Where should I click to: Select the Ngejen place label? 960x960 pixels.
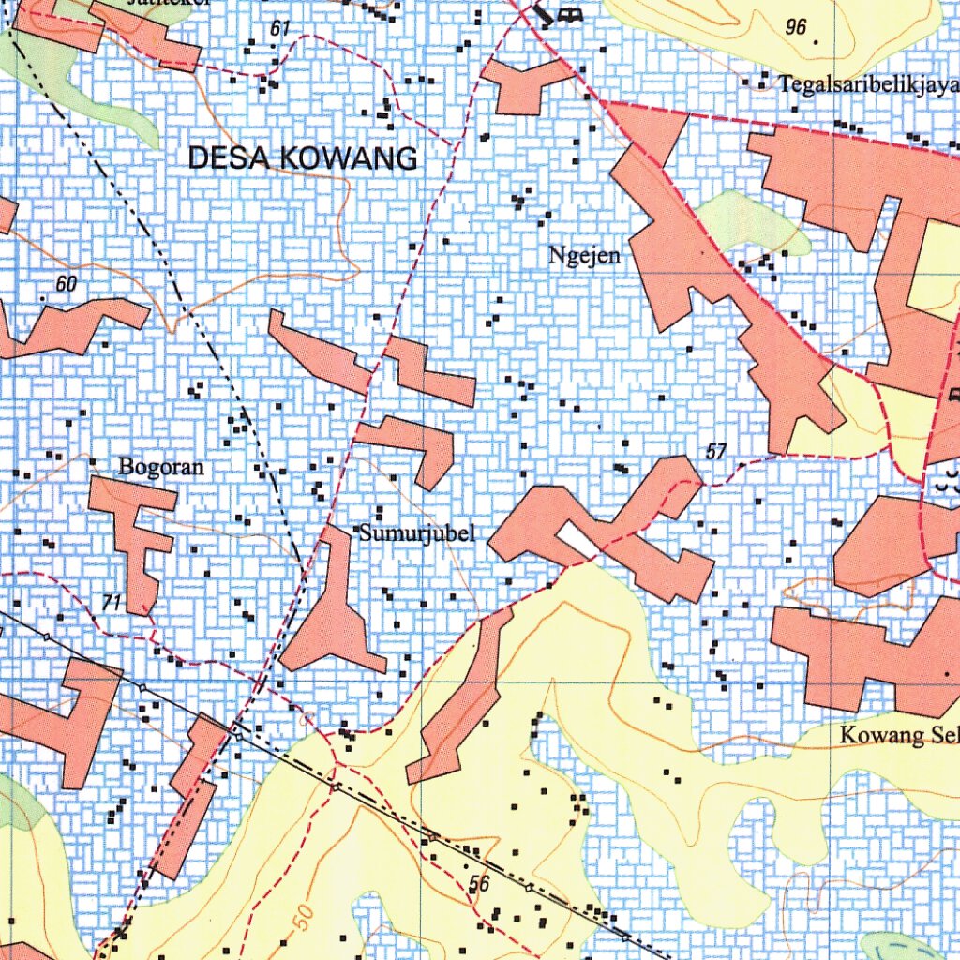click(x=585, y=255)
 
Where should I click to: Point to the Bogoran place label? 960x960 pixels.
click(x=160, y=466)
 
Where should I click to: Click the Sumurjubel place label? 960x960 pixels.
click(x=417, y=534)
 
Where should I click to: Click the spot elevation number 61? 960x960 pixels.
click(x=279, y=29)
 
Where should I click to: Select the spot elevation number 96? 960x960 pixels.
click(x=795, y=27)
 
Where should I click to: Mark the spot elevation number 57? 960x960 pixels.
click(x=715, y=453)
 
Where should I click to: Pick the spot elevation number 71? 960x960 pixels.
click(x=112, y=603)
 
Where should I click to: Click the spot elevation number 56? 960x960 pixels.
click(x=479, y=883)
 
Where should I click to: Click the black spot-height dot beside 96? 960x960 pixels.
click(x=816, y=41)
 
